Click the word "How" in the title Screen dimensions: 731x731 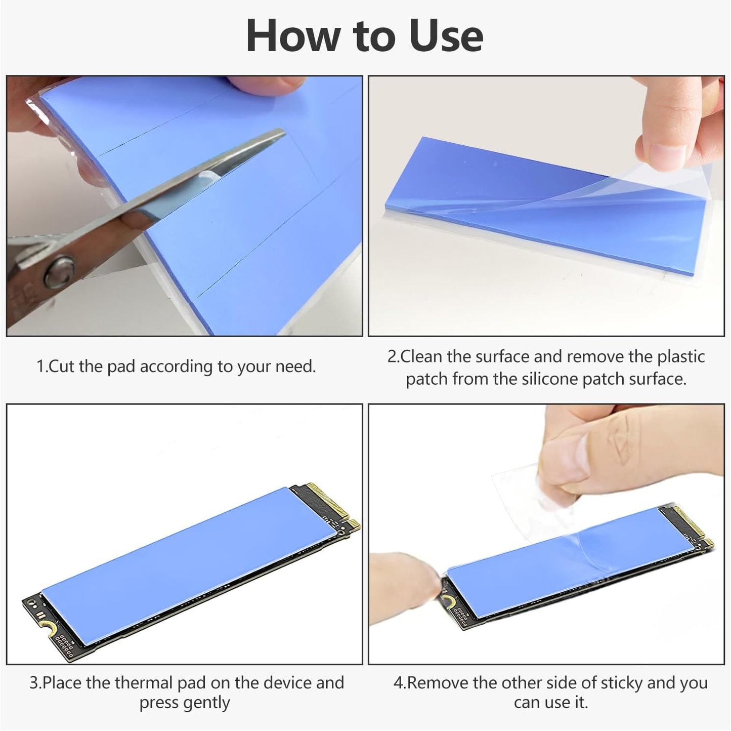coord(290,35)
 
